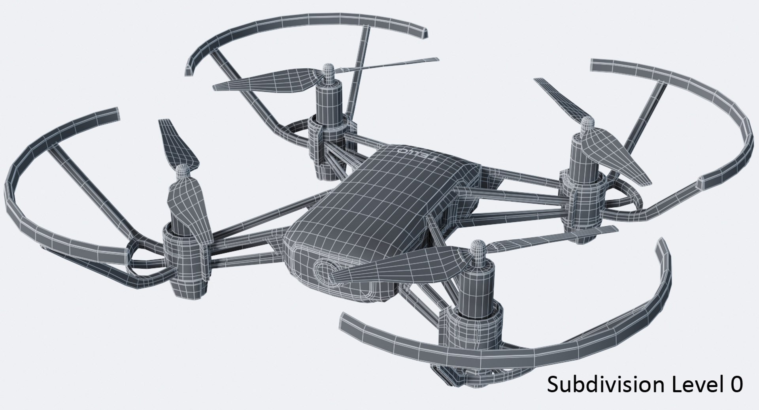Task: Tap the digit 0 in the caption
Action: click(x=736, y=384)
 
